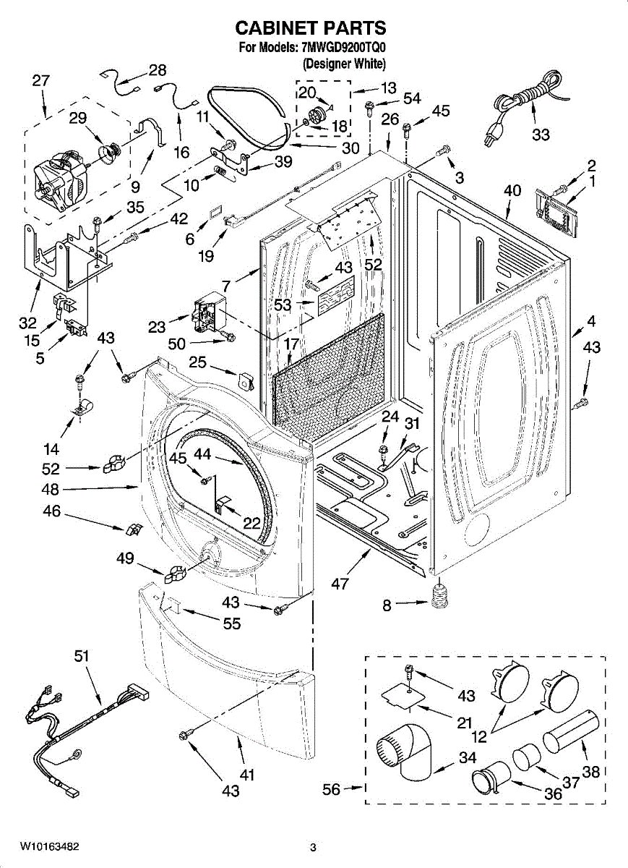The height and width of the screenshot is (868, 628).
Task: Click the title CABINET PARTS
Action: click(311, 28)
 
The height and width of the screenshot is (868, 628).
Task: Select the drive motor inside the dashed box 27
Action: click(61, 174)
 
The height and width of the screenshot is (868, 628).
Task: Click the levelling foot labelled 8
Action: click(439, 597)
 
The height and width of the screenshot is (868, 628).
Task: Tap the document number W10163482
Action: click(49, 846)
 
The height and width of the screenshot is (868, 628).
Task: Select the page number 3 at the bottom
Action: click(313, 847)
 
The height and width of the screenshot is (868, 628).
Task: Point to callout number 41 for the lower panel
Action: click(247, 775)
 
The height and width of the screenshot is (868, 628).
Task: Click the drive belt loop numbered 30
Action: click(249, 116)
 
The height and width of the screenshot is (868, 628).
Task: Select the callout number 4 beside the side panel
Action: click(591, 320)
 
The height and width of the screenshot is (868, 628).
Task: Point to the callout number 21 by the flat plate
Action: click(464, 723)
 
